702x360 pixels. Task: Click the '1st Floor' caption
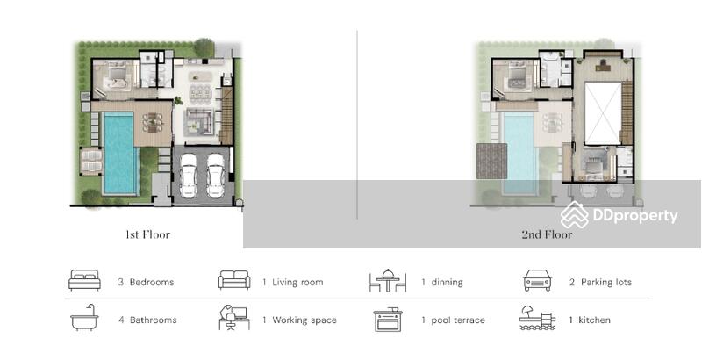click(147, 234)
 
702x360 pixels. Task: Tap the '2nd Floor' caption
click(547, 234)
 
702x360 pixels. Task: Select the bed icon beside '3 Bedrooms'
click(84, 280)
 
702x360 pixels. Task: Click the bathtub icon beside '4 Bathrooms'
click(84, 318)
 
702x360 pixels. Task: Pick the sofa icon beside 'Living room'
click(234, 280)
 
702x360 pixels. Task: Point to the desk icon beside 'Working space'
click(234, 318)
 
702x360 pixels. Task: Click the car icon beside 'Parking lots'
click(537, 280)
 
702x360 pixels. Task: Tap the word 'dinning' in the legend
click(447, 282)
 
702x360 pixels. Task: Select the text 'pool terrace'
click(458, 320)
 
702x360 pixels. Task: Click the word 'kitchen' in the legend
click(594, 320)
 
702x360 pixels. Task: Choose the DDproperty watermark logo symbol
click(575, 215)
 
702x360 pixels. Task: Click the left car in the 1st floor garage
click(188, 175)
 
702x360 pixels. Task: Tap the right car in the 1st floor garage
click(216, 175)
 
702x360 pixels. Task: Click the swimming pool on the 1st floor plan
click(119, 153)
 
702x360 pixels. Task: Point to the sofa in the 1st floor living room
click(200, 121)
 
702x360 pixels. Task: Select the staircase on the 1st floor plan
click(227, 116)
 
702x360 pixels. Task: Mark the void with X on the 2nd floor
click(603, 113)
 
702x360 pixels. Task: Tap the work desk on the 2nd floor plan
click(604, 66)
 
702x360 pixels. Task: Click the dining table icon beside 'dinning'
click(388, 281)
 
